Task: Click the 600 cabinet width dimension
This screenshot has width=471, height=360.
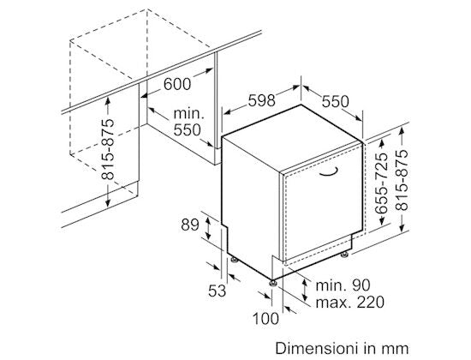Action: (x=177, y=84)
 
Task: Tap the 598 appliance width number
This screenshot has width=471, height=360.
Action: (x=262, y=100)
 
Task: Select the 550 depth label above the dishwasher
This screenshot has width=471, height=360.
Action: (x=335, y=101)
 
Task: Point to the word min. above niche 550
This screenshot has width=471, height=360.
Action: (x=189, y=114)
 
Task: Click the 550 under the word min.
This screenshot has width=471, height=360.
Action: (x=188, y=130)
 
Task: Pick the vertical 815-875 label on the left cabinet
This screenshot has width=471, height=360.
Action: (x=108, y=149)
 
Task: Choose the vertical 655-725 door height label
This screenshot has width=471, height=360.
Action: (x=382, y=183)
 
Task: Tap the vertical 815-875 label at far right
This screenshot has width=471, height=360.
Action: (x=402, y=180)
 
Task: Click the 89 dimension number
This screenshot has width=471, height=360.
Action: (x=190, y=225)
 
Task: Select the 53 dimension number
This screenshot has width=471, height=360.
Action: (x=217, y=291)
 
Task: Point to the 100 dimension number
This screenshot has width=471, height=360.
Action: (x=265, y=319)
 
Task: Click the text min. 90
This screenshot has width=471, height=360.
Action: (x=343, y=285)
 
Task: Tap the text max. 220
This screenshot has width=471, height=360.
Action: (x=350, y=302)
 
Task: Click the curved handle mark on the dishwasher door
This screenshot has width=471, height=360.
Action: (x=329, y=171)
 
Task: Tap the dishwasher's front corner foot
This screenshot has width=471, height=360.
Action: (x=273, y=284)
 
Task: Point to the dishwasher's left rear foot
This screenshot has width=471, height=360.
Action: (x=234, y=259)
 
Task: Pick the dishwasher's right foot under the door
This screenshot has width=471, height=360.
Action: (x=344, y=255)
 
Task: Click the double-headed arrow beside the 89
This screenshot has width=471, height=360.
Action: (x=207, y=227)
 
